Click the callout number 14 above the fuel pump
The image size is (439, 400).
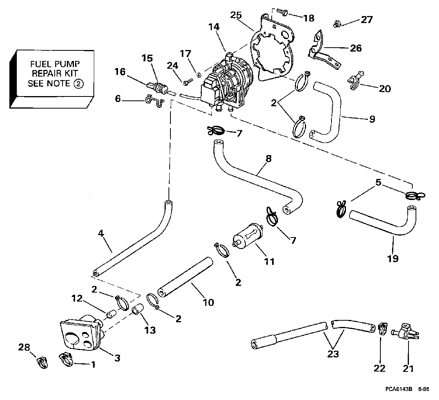(214, 27)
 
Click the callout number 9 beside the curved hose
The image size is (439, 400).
(372, 119)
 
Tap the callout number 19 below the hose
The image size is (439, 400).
(393, 258)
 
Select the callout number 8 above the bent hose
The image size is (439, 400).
(268, 159)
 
